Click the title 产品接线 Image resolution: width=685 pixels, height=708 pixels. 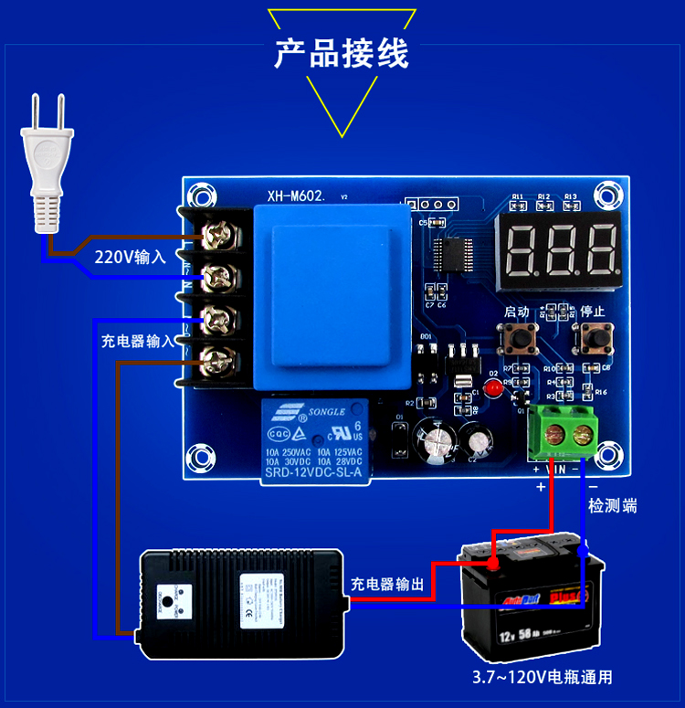tap(342, 54)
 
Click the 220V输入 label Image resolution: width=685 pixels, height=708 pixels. tap(131, 258)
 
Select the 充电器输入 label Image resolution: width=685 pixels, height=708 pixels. tap(137, 341)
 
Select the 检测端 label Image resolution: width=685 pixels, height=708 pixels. tap(612, 506)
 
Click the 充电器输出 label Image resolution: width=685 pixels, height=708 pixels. tap(387, 584)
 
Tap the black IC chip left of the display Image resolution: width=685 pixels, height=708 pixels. tap(454, 256)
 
